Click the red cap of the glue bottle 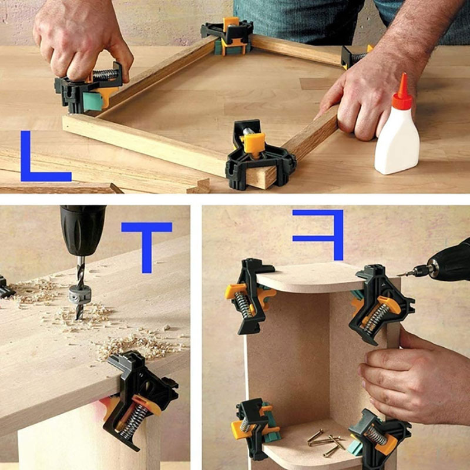[402, 93]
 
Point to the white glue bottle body [397, 141]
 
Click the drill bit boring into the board [79, 288]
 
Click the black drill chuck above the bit [82, 229]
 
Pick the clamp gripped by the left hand [89, 89]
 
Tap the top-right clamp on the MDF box [381, 303]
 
